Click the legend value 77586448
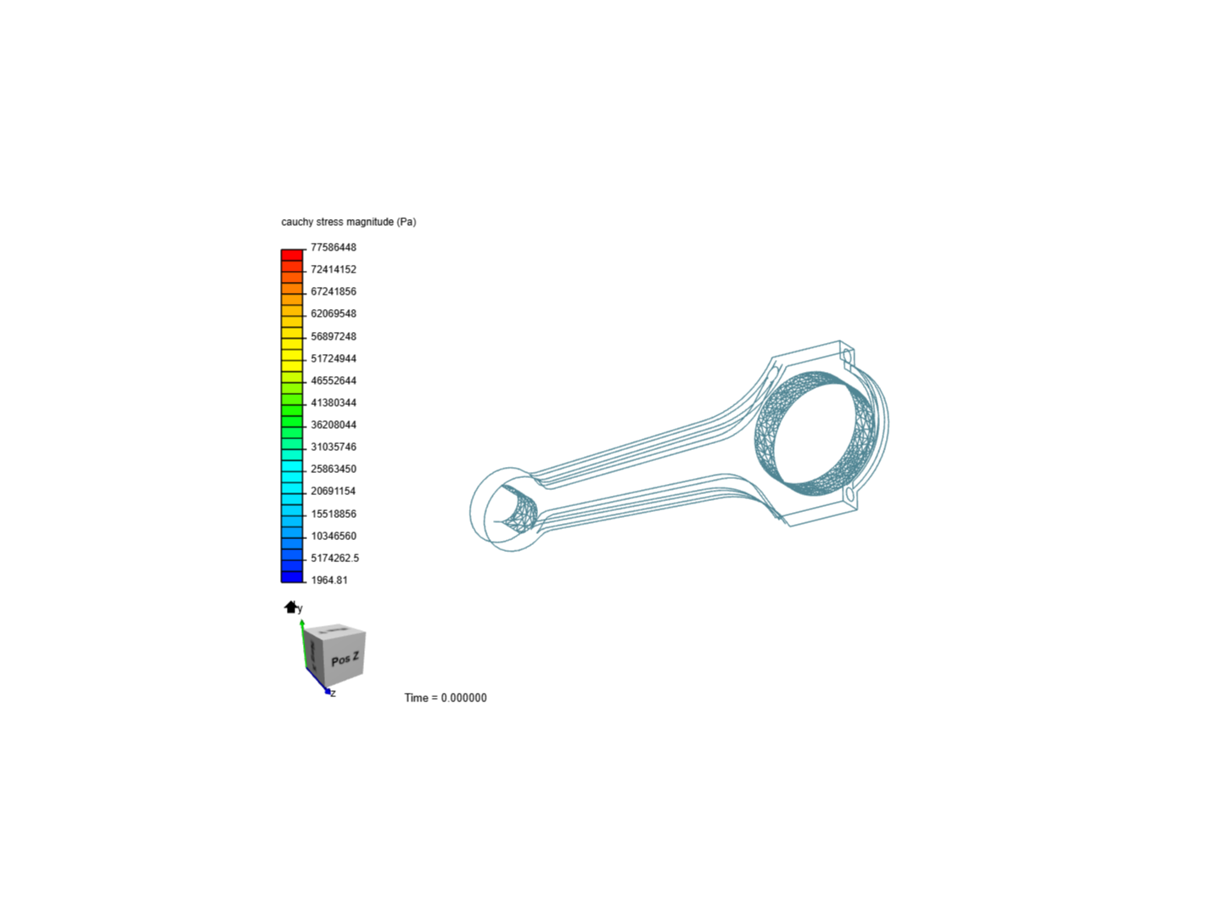click(x=333, y=247)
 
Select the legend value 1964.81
click(x=328, y=580)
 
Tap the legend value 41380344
click(x=333, y=402)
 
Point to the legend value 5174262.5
click(x=334, y=558)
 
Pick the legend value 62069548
click(x=333, y=313)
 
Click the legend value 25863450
click(x=333, y=469)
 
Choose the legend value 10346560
click(x=333, y=536)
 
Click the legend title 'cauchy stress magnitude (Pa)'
click(x=348, y=222)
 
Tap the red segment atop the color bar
click(x=292, y=255)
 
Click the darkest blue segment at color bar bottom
click(x=292, y=577)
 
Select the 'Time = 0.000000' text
click(x=446, y=698)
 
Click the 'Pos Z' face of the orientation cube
click(x=345, y=659)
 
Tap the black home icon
click(x=290, y=606)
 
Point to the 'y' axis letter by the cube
click(x=300, y=609)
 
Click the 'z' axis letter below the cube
click(x=334, y=694)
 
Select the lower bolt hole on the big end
click(x=849, y=493)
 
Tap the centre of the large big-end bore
click(x=821, y=435)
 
